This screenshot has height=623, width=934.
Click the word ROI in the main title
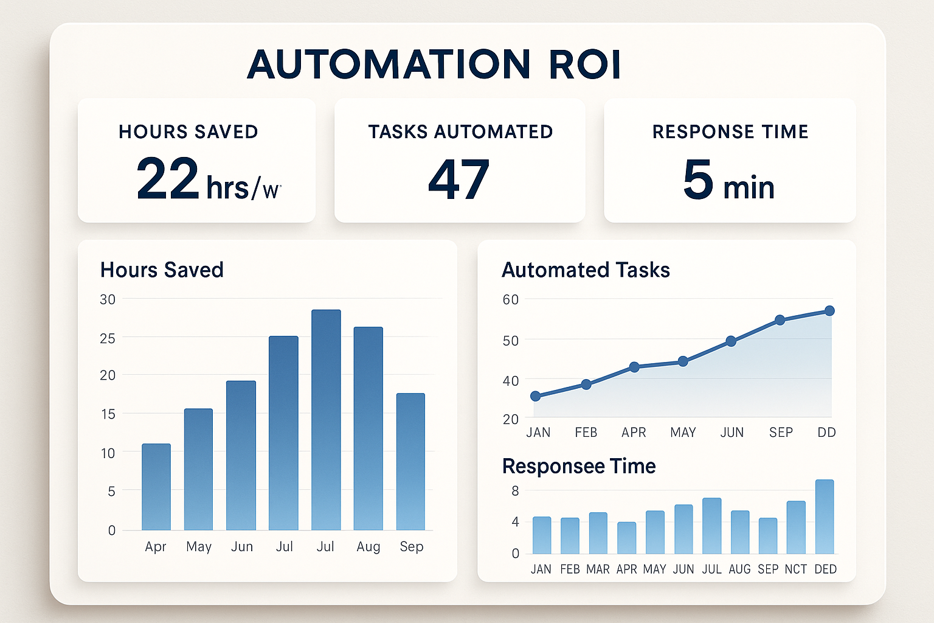[x=585, y=64]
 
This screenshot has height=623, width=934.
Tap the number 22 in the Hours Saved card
[x=167, y=179]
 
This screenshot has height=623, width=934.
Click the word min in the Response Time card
[x=749, y=187]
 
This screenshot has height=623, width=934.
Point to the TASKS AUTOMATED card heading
[x=460, y=132]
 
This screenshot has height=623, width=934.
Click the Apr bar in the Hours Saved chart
[x=156, y=487]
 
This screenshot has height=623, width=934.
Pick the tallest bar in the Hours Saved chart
[x=326, y=420]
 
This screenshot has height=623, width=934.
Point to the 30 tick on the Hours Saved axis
[x=108, y=299]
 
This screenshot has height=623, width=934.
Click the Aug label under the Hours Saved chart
[x=368, y=547]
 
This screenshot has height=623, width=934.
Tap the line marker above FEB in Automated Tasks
[x=586, y=385]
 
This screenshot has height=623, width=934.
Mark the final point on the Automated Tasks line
[x=829, y=311]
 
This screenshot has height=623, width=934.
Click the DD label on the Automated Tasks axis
[x=826, y=433]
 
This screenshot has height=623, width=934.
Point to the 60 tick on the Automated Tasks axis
[x=510, y=299]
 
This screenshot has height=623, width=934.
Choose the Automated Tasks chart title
[x=586, y=270]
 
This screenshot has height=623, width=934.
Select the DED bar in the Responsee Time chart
[x=825, y=517]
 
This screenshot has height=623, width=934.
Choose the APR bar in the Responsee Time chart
[x=626, y=538]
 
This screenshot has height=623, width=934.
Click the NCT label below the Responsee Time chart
[x=795, y=569]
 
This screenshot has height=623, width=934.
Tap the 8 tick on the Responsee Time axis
[x=515, y=491]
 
